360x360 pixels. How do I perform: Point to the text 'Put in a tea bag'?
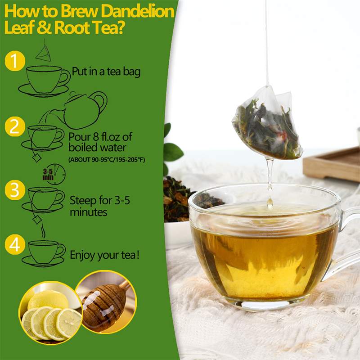pyautogui.click(x=106, y=72)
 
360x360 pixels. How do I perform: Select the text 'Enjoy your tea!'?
pyautogui.click(x=104, y=255)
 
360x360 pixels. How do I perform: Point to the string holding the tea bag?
pyautogui.click(x=266, y=40)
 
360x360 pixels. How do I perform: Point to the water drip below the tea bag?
pyautogui.click(x=269, y=180)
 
